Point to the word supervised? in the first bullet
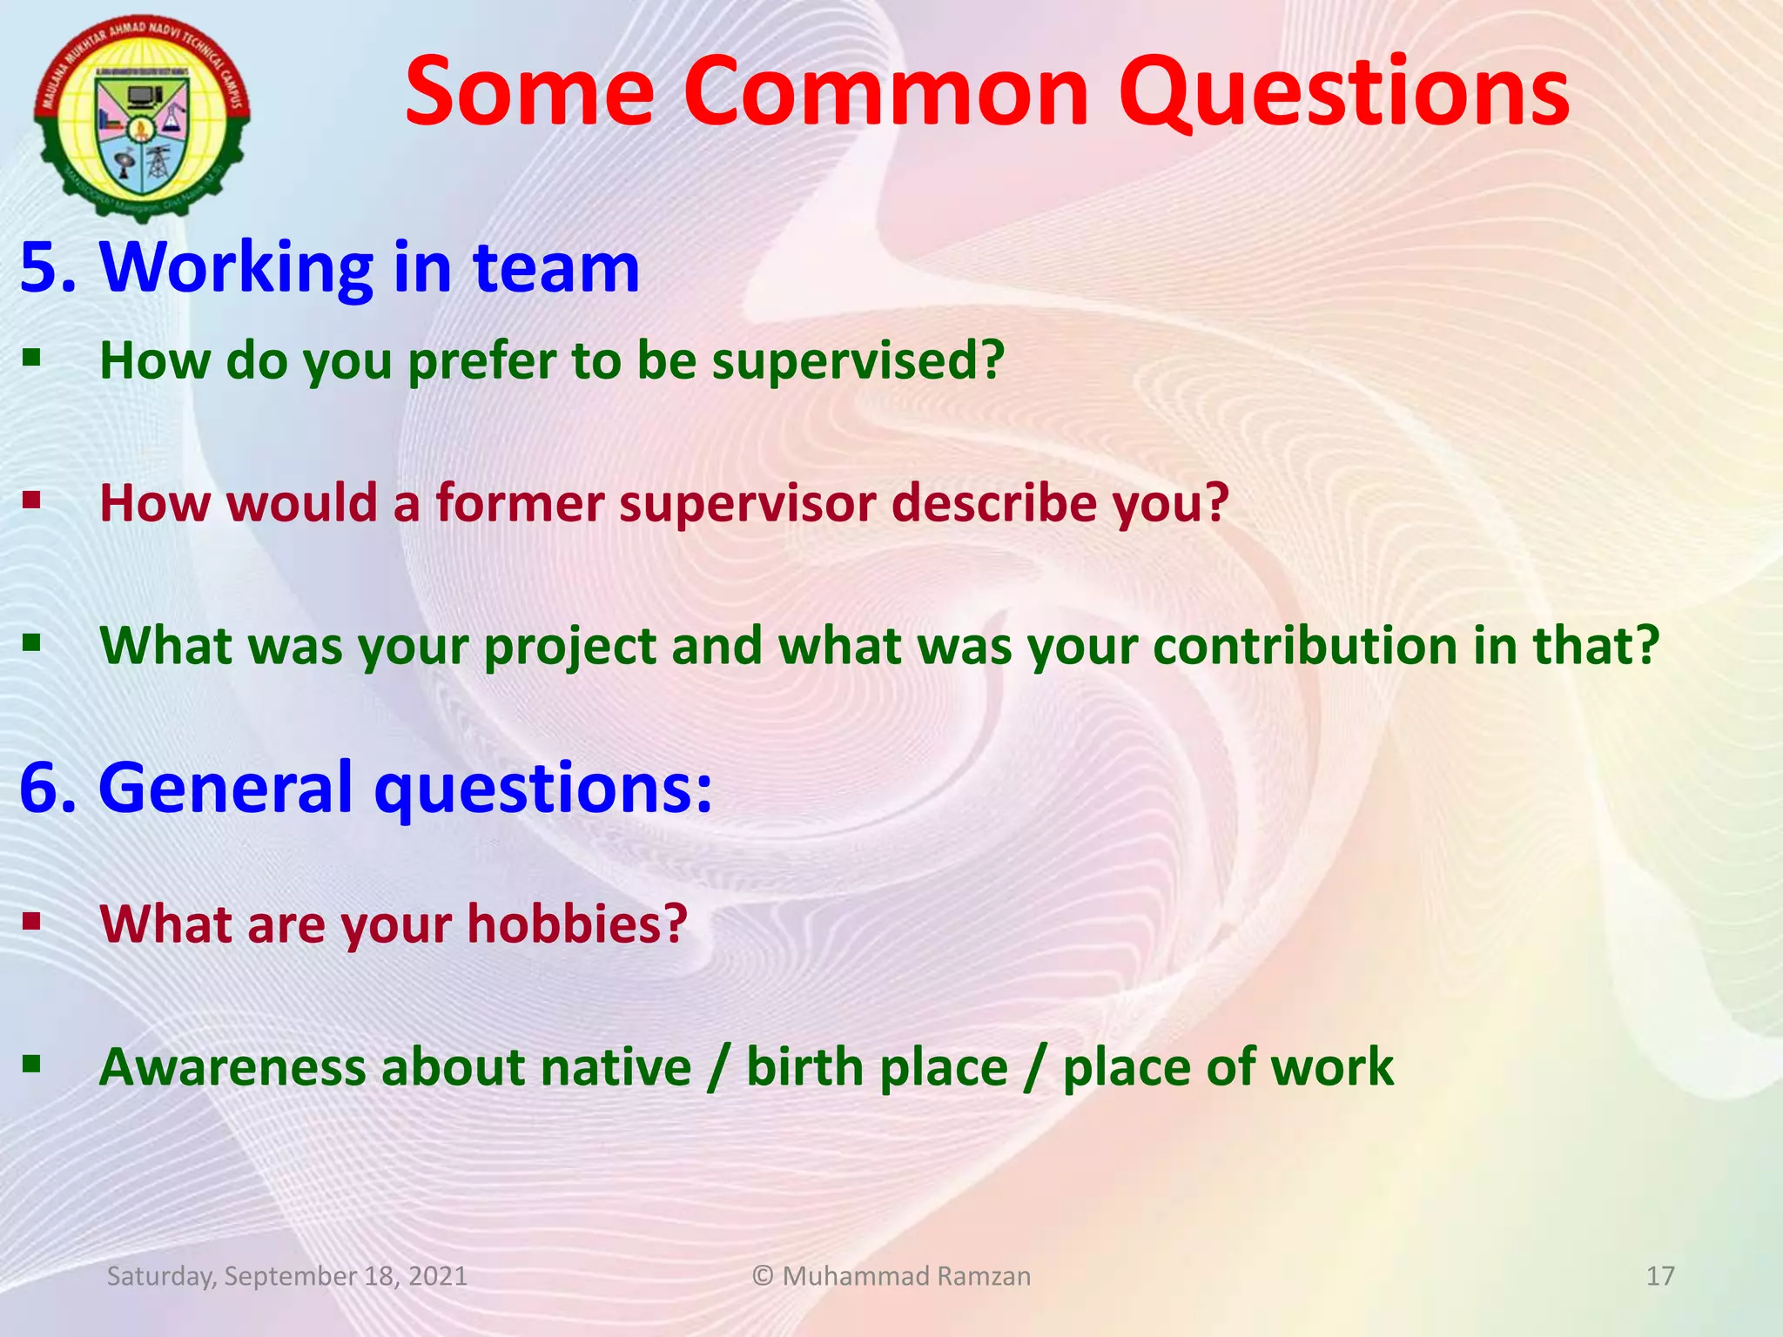pos(858,360)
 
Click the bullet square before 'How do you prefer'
pos(32,357)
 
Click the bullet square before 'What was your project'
pos(32,643)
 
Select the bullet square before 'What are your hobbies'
pos(32,921)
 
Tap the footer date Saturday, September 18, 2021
pos(286,1276)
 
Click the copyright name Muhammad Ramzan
pos(905,1276)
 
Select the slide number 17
pos(1660,1276)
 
